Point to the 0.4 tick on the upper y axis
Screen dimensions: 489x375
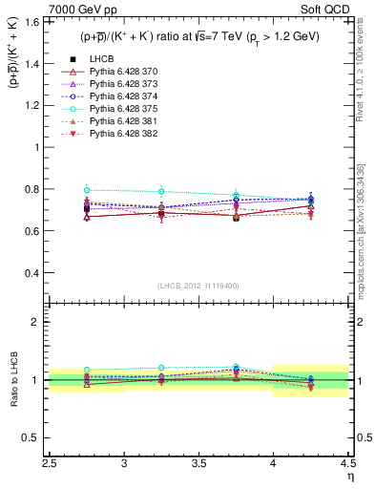click(34, 273)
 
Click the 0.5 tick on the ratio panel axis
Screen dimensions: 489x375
click(34, 437)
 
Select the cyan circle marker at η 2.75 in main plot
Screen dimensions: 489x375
click(87, 190)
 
